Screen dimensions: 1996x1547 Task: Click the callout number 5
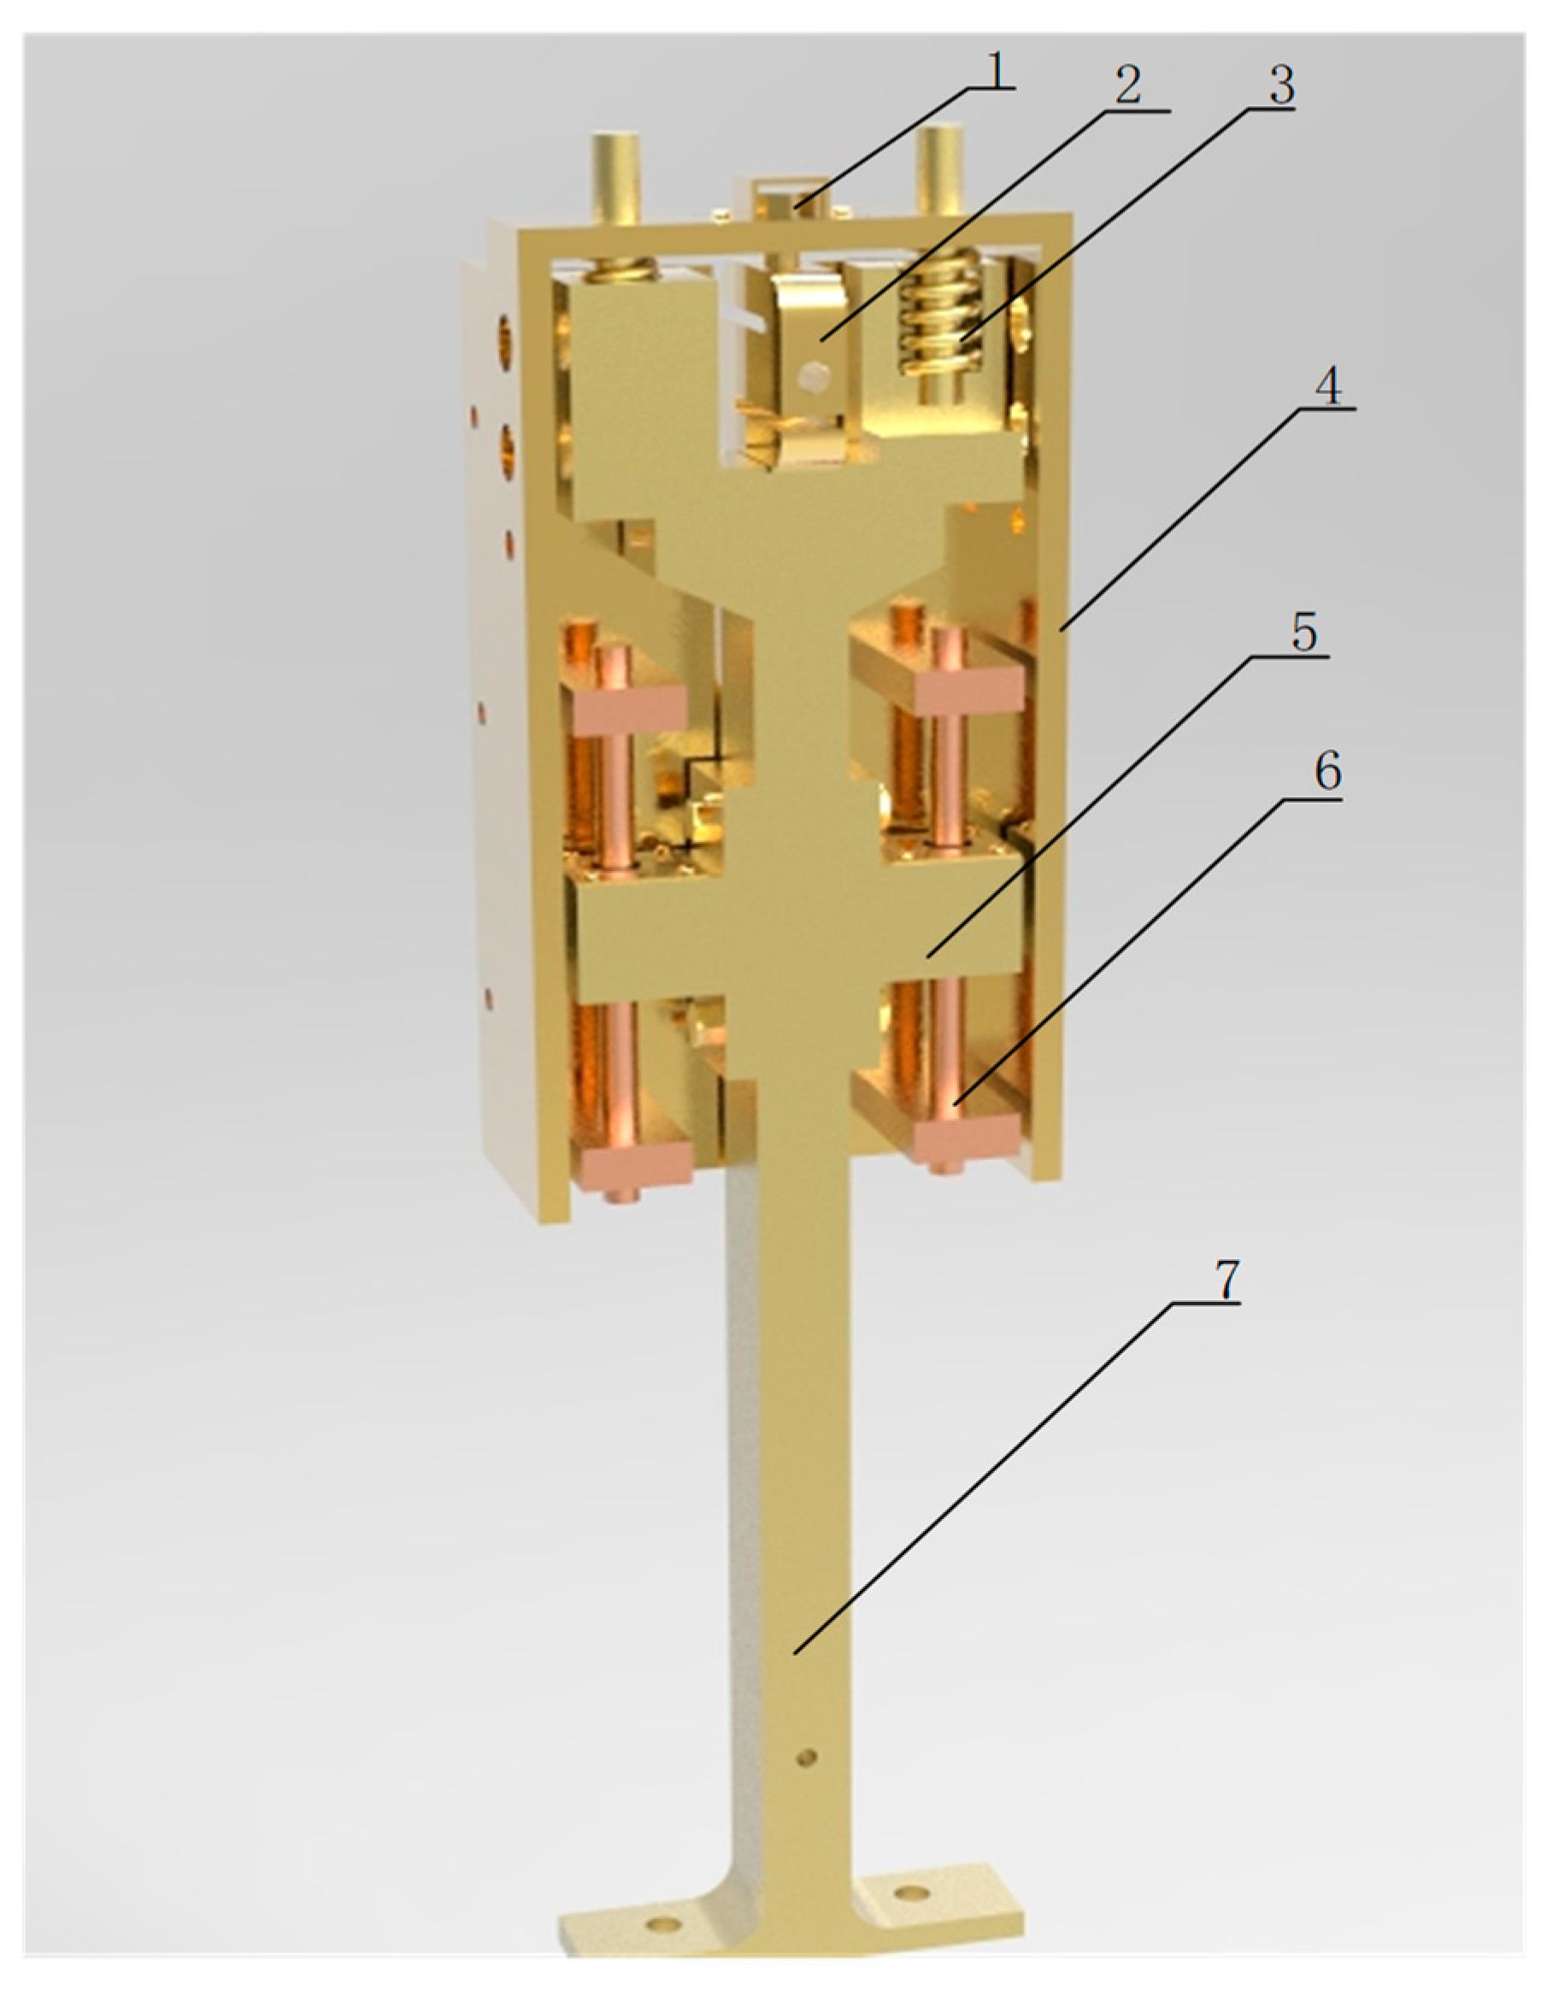coord(1304,633)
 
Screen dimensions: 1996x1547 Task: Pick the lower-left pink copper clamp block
coord(632,1165)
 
